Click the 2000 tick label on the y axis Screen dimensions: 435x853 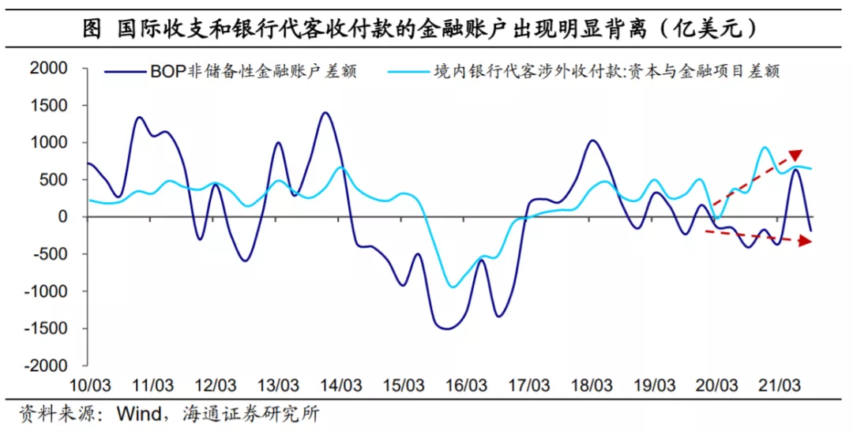tap(49, 69)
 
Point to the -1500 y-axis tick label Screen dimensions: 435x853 tap(46, 329)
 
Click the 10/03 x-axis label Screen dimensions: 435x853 tap(89, 386)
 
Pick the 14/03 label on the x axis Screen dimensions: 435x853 tap(341, 386)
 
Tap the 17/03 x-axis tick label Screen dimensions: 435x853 tap(529, 386)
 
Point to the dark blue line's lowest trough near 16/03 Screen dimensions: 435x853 tap(447, 328)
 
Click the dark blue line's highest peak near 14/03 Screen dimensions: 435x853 tap(325, 112)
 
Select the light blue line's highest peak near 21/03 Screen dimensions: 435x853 tap(765, 148)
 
